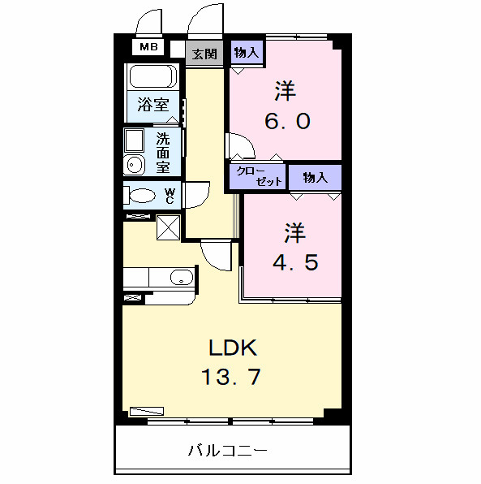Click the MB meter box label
148,47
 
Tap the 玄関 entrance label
204,54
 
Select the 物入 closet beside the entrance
246,54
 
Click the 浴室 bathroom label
152,105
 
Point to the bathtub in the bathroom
152,77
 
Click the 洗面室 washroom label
163,153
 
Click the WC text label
170,196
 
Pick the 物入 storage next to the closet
315,176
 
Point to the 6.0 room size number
286,122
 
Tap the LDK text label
233,348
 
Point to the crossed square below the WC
169,227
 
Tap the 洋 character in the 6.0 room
285,89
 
